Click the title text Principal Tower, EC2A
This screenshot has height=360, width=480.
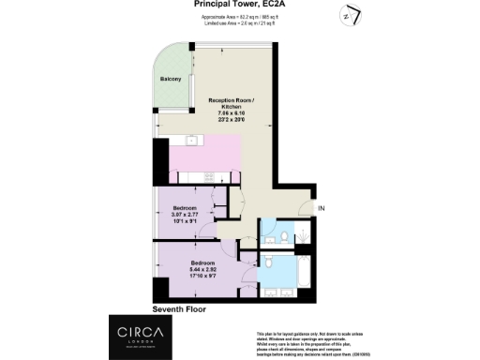(x=240, y=5)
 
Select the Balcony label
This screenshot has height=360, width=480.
(x=170, y=79)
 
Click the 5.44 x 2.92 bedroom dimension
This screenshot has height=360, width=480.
(x=203, y=270)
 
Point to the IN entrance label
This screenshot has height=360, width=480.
(x=322, y=207)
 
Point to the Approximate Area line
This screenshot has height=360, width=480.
(x=240, y=16)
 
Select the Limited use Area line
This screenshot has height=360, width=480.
(x=240, y=23)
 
